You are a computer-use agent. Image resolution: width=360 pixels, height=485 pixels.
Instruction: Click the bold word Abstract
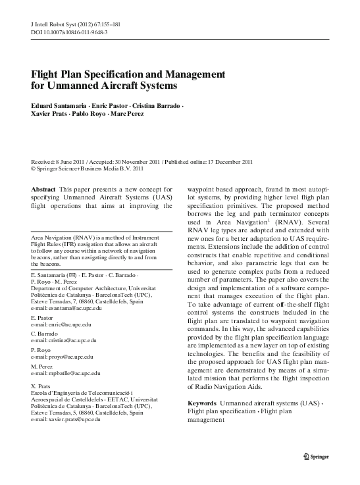43,190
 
